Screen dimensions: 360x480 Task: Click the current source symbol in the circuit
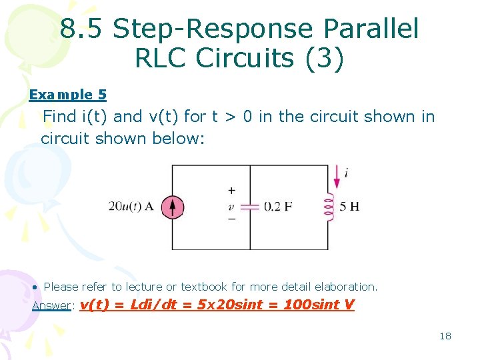coord(172,207)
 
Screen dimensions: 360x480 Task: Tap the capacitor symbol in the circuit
coord(249,207)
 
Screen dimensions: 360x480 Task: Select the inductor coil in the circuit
coord(327,207)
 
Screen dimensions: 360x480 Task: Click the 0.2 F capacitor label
coord(278,207)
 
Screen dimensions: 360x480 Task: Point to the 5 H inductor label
coord(349,207)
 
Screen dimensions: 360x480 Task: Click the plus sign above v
coord(232,191)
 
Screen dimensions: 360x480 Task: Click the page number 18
coord(445,335)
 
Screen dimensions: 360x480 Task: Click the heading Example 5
coord(67,95)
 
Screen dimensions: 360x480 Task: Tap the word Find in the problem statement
coord(59,117)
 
